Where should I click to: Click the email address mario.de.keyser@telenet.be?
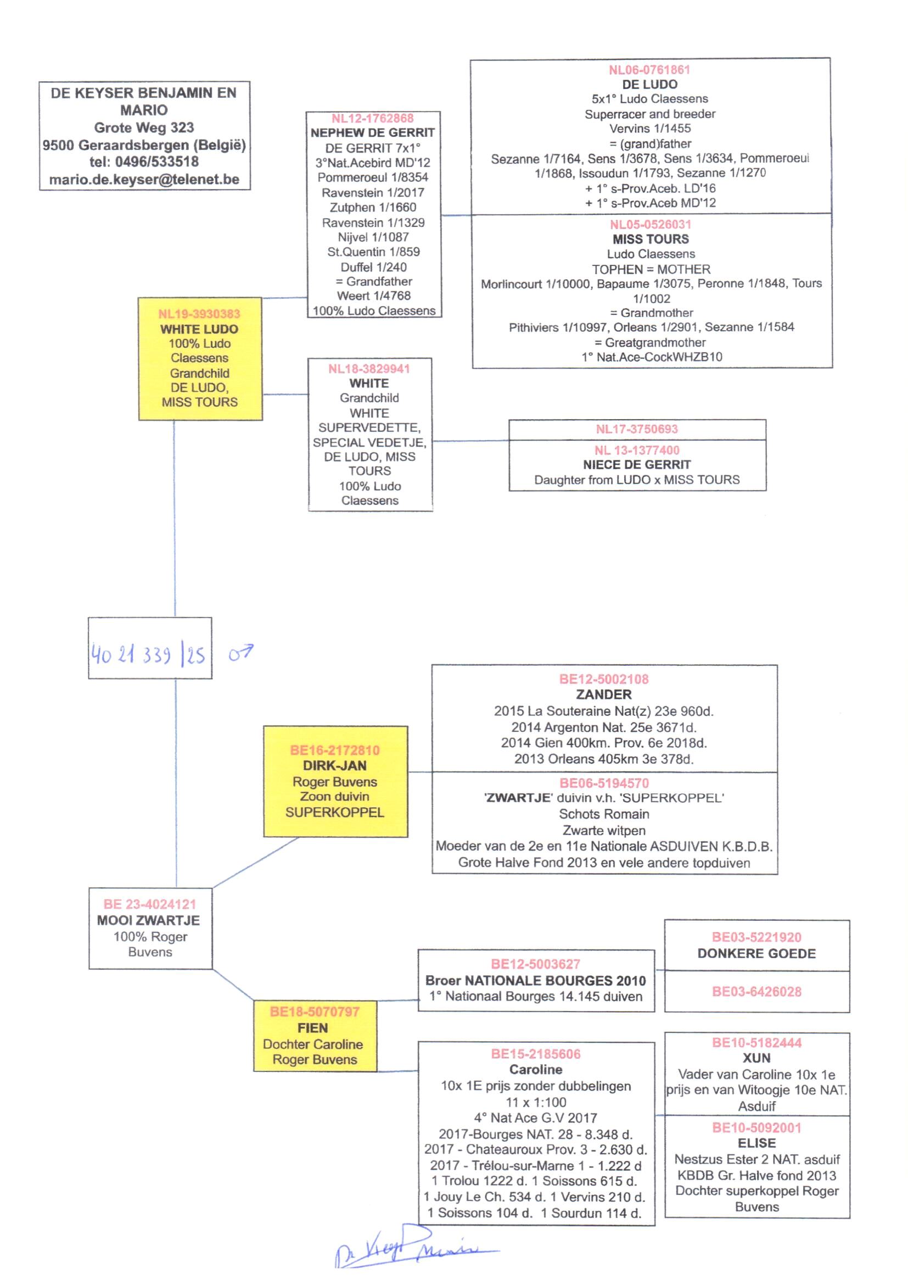pos(144,180)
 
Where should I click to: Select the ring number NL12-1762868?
pos(372,118)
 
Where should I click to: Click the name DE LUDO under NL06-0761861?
pos(649,85)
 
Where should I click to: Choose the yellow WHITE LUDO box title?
pos(199,329)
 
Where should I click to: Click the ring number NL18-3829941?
pos(369,369)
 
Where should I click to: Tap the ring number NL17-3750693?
pos(636,429)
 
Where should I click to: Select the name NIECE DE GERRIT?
pos(636,464)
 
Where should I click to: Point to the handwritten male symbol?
pos(240,652)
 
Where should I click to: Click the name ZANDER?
pos(604,694)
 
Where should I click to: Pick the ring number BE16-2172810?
pos(334,751)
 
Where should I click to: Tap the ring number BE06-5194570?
pos(604,783)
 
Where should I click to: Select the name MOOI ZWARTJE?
pos(148,920)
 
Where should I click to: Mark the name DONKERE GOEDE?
pos(756,953)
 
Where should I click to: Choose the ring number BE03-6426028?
pos(756,991)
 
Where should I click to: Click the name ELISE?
pos(756,1143)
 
